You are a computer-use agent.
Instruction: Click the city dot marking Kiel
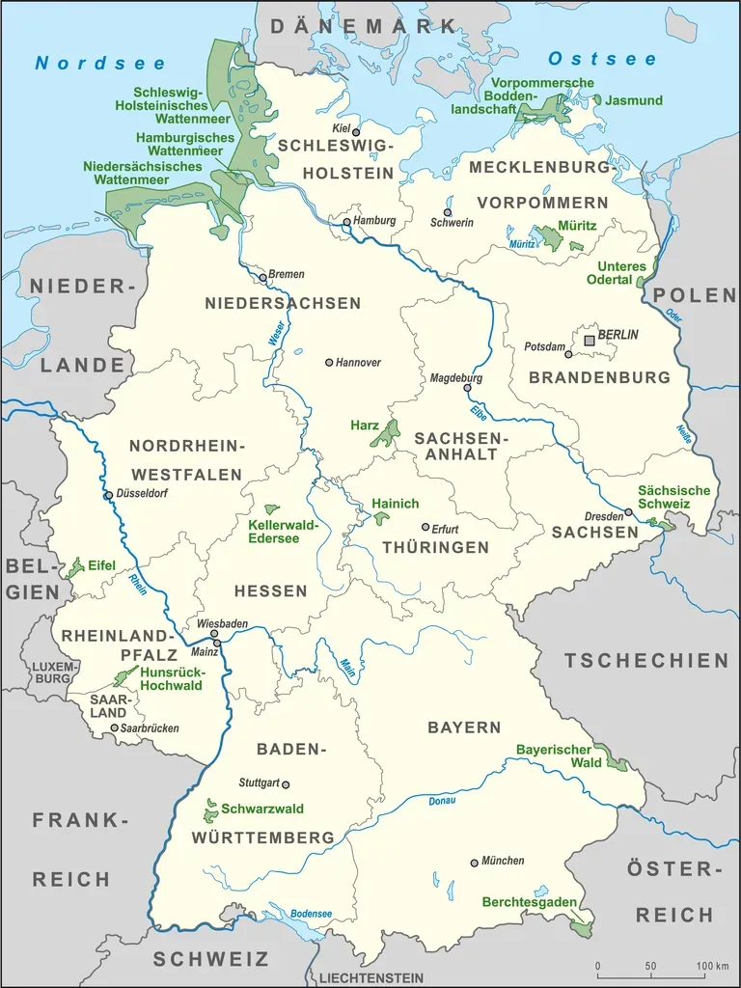pyautogui.click(x=356, y=132)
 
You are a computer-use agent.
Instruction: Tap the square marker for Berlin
pyautogui.click(x=590, y=341)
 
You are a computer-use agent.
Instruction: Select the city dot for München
pyautogui.click(x=474, y=863)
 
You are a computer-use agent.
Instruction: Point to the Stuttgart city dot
pyautogui.click(x=285, y=784)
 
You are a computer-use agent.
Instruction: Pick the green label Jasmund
pyautogui.click(x=636, y=100)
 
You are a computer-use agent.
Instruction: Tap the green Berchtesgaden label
pyautogui.click(x=530, y=903)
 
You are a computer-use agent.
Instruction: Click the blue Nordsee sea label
pyautogui.click(x=100, y=64)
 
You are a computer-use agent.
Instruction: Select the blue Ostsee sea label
pyautogui.click(x=602, y=59)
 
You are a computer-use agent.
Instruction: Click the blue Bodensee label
pyautogui.click(x=312, y=914)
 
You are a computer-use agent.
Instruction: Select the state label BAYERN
pyautogui.click(x=464, y=727)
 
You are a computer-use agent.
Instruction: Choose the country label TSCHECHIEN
pyautogui.click(x=646, y=661)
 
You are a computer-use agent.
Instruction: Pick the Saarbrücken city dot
pyautogui.click(x=115, y=727)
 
